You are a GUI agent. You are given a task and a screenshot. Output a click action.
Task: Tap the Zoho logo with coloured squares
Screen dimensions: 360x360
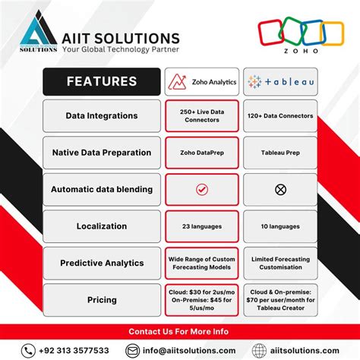pos(300,34)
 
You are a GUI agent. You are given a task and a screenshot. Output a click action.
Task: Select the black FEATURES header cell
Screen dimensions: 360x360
pos(102,81)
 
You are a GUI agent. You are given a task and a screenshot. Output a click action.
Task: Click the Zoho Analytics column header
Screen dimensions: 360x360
pos(201,81)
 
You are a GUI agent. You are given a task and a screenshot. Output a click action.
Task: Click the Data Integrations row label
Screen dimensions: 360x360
pos(102,115)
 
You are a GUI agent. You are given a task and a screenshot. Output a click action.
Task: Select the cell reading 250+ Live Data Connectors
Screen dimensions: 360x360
pos(201,115)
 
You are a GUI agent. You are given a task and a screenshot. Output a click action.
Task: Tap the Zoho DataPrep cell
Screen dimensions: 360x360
pos(201,152)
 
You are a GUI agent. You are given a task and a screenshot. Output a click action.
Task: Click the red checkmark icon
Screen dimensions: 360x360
pos(201,189)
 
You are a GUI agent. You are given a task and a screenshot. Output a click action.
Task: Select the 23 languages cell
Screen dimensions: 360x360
pos(201,226)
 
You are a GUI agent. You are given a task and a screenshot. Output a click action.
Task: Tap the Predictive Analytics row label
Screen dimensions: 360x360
pos(102,263)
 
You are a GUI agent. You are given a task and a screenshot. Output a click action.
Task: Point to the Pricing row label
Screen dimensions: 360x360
pos(102,300)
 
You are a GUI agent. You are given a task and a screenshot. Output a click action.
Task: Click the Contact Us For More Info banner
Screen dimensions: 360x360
pos(180,331)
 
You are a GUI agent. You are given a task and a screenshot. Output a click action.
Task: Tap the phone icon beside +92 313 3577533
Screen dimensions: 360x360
pos(28,350)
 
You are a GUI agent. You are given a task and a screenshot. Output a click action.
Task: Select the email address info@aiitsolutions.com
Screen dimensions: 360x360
pos(188,350)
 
